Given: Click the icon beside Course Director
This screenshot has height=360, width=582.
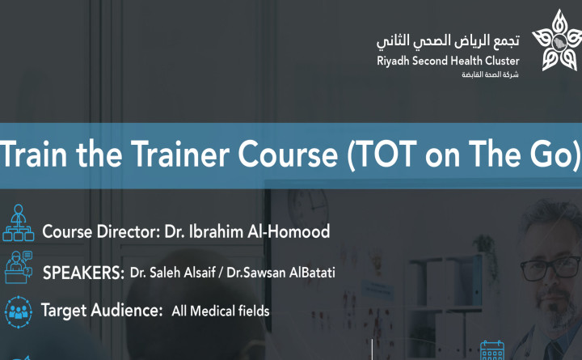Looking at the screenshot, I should pos(18,223).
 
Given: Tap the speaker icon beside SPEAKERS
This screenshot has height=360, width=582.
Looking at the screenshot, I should pos(18,268).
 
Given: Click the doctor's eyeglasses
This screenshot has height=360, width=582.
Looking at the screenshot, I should pos(550,268).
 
